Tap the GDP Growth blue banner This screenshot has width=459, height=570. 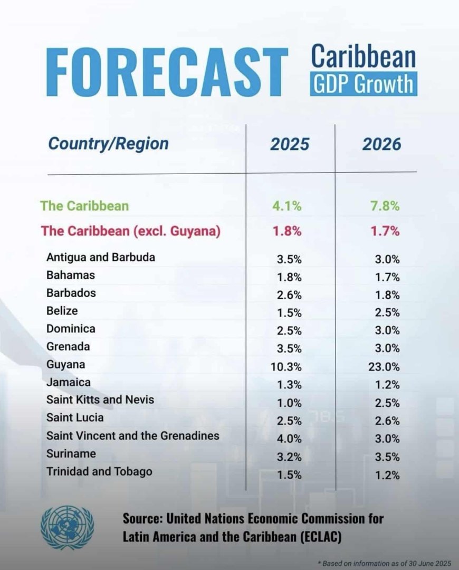tap(364, 84)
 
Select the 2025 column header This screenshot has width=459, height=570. tap(290, 144)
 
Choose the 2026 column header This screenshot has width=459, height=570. tap(381, 144)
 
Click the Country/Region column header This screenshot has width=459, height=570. tap(108, 144)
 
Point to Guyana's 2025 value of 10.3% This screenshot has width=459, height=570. tap(289, 365)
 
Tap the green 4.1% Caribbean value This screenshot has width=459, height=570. tap(289, 206)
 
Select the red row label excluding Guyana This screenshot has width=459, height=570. tap(130, 231)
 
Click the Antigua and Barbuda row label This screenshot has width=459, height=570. tap(100, 258)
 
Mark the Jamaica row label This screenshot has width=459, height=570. tap(69, 382)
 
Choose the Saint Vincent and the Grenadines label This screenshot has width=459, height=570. tap(132, 436)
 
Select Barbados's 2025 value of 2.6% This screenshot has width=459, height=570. tap(289, 294)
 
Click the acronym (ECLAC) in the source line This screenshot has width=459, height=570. tap(313, 537)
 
